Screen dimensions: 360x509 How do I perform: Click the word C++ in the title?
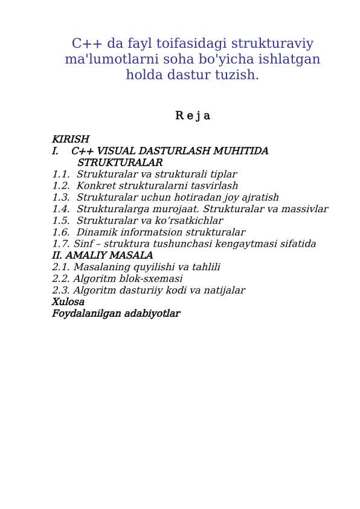coord(86,44)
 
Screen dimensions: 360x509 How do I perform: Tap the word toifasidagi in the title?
coord(185,44)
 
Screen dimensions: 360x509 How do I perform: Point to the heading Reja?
coord(192,115)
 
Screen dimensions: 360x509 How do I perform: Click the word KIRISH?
coord(70,139)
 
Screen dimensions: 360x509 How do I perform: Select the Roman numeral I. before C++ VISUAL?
coord(55,151)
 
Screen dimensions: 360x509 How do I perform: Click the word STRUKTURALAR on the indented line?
coord(120,163)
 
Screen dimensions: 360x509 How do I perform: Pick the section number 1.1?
coord(60,174)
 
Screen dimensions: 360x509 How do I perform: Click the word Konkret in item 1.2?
coord(95,186)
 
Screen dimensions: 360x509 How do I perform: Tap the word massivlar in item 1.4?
coord(305,209)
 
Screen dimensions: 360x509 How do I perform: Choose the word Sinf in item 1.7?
coord(84,244)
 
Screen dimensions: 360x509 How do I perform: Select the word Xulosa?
coord(68,302)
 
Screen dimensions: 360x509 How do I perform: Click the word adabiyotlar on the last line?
coord(152,313)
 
